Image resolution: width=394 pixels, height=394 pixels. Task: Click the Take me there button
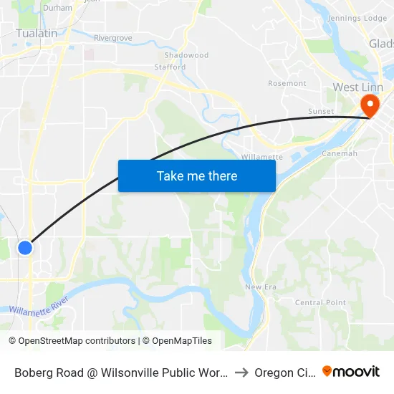[x=197, y=176]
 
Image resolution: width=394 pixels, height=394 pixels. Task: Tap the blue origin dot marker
[x=25, y=248]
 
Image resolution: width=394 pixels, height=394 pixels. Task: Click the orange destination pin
[x=371, y=106]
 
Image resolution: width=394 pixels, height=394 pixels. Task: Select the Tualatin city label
[x=37, y=32]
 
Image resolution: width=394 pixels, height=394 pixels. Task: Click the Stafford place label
[x=170, y=67]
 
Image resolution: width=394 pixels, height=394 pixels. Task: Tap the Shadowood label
[x=186, y=55]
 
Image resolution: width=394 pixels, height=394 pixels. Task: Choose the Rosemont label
[x=287, y=84]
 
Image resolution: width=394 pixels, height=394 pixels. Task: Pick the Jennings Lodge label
[x=357, y=18]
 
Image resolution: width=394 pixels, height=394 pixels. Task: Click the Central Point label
[x=319, y=302]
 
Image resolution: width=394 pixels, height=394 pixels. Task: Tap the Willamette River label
[x=39, y=304]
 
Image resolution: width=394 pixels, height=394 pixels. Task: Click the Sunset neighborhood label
[x=321, y=112]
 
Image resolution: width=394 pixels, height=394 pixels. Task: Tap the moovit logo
[x=351, y=372]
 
